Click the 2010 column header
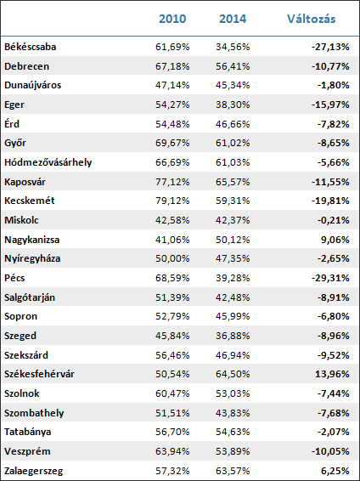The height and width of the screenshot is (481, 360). [x=172, y=19]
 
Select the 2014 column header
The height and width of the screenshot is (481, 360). [x=233, y=19]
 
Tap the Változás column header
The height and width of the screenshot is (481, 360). [x=312, y=19]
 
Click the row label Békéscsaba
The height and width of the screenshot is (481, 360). [x=30, y=47]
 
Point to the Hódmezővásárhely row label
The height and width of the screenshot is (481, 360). [x=48, y=162]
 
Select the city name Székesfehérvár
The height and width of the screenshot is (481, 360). [x=39, y=374]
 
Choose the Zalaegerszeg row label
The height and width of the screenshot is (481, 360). [x=33, y=471]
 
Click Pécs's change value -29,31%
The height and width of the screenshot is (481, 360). [x=330, y=278]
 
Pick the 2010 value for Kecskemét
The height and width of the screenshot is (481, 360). [x=172, y=201]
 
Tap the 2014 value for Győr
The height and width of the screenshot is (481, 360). [x=233, y=143]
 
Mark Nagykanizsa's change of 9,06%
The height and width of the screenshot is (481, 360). [x=334, y=240]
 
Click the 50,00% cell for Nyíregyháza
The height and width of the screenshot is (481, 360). [x=172, y=258]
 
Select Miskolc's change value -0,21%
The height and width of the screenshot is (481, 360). [x=333, y=220]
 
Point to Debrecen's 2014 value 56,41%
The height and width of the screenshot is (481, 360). [x=233, y=66]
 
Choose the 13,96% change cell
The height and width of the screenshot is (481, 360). [x=332, y=374]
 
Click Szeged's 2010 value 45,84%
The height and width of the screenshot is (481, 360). [x=172, y=336]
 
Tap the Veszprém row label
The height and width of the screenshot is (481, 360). [x=27, y=451]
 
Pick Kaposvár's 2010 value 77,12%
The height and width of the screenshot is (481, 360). [x=172, y=182]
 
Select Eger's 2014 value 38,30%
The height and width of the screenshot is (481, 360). [x=233, y=105]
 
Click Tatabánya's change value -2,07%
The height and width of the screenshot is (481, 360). [x=333, y=432]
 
